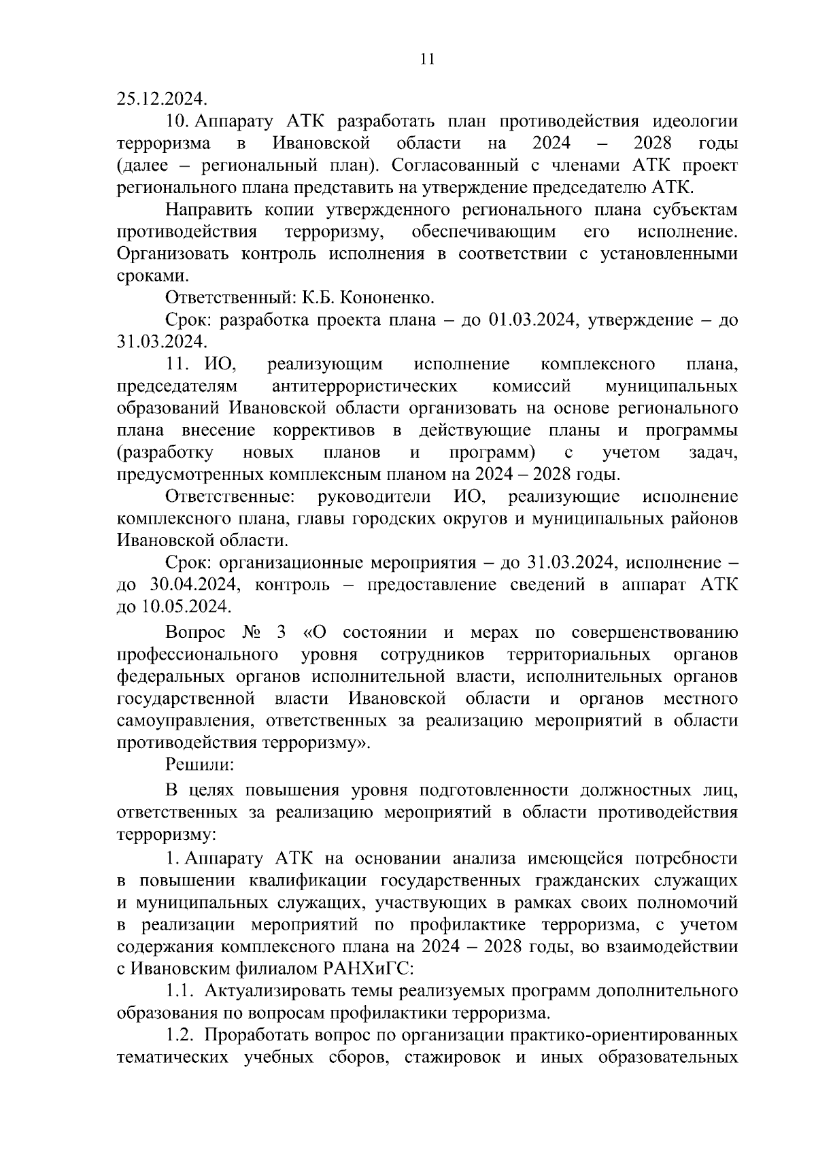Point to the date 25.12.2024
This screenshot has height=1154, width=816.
(x=160, y=99)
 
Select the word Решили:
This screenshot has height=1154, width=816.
(x=200, y=764)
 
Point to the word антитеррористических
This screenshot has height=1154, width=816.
(x=364, y=386)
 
